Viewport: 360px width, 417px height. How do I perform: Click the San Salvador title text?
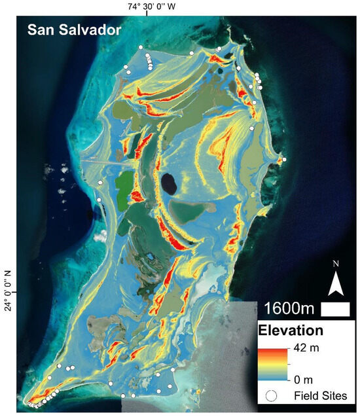[x=69, y=30]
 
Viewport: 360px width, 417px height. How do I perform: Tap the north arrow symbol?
[x=334, y=283]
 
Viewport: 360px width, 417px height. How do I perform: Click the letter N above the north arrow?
[x=335, y=264]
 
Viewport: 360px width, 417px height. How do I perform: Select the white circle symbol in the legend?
[x=274, y=396]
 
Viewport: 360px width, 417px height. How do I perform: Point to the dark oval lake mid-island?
[x=168, y=183]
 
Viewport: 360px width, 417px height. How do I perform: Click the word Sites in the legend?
[x=336, y=396]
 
